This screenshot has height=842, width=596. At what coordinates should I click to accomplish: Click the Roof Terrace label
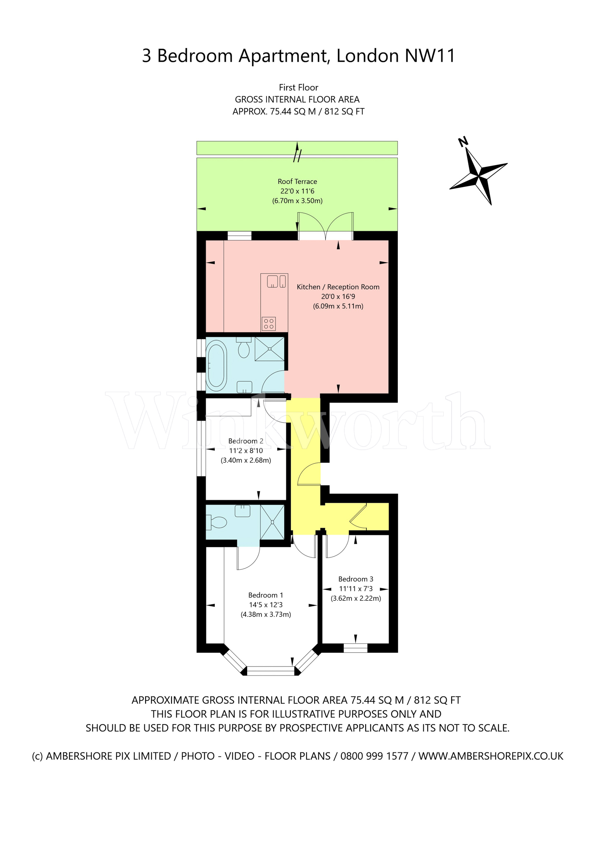point(297,181)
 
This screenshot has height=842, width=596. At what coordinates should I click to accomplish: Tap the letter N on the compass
point(463,142)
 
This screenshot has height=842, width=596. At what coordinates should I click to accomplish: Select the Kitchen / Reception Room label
point(338,287)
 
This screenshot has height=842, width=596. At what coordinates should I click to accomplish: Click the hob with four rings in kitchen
point(269,324)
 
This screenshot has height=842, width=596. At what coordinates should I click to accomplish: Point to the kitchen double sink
point(276,282)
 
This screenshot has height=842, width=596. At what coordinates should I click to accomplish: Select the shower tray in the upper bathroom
point(269,349)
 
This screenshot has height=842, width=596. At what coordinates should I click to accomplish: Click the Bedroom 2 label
point(246,441)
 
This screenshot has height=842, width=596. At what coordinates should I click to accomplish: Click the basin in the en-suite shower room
point(242,511)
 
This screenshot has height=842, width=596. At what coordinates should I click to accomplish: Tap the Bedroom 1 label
point(265,595)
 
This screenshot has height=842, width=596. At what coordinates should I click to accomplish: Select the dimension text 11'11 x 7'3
point(355,589)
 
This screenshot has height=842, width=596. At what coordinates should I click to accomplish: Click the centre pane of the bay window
point(271,671)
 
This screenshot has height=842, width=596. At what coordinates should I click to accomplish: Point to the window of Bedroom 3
point(355,648)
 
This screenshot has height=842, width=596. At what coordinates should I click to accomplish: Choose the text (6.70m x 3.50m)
point(297,201)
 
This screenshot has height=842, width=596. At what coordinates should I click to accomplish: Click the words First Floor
point(298,87)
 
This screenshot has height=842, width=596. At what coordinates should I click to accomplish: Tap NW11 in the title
point(430,56)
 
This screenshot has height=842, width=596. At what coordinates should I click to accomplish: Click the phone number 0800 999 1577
point(374,756)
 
